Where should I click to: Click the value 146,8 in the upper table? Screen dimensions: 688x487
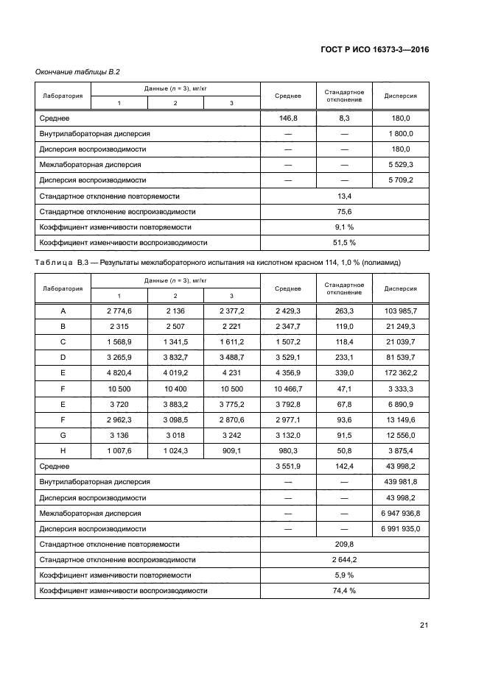click(x=288, y=118)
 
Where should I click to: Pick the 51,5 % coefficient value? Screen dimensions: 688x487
click(x=344, y=242)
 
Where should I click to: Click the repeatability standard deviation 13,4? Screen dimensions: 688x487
click(x=344, y=196)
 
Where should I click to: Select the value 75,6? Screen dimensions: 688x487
click(x=344, y=211)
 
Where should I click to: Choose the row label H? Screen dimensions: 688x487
click(x=63, y=450)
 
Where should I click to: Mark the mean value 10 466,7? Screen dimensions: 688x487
click(x=288, y=389)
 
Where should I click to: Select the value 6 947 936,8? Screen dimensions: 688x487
click(x=398, y=513)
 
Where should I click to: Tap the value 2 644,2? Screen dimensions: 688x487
click(x=344, y=559)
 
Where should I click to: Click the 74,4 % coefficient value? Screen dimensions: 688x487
click(x=344, y=590)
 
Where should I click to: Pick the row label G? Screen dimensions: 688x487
click(x=63, y=435)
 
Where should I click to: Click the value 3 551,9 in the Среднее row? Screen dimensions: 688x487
click(x=288, y=466)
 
